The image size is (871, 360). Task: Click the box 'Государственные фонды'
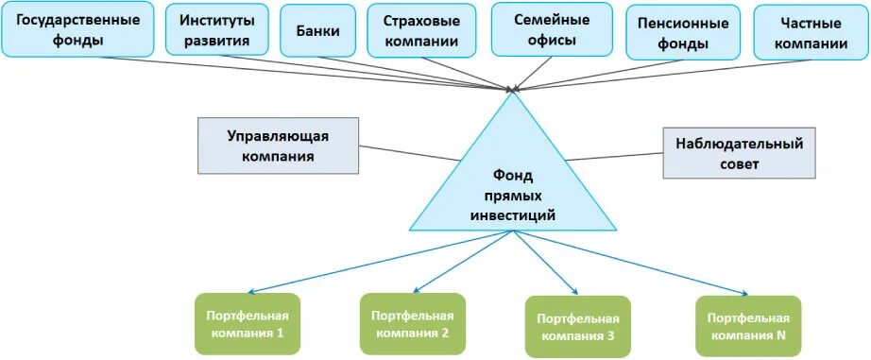tap(79, 30)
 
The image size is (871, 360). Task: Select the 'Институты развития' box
tap(216, 30)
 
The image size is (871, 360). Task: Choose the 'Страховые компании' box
tap(420, 30)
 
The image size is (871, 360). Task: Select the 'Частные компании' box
tap(809, 33)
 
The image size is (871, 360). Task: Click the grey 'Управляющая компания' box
tap(278, 146)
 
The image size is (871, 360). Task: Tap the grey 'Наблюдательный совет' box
tap(739, 152)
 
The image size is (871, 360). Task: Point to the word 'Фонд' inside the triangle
tap(514, 175)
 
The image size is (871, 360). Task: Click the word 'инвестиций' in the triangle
tap(514, 215)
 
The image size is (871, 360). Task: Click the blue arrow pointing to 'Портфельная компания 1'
tap(378, 263)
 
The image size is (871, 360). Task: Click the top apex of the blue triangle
tap(514, 94)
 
